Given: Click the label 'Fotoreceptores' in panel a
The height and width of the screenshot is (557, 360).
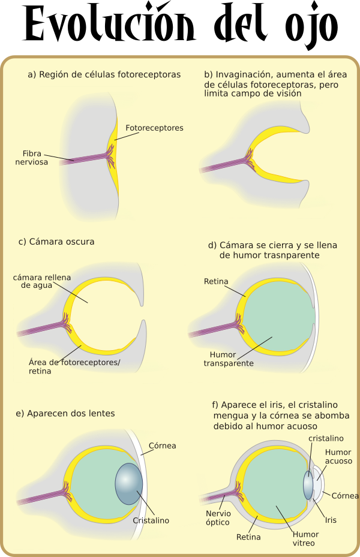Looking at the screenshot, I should (x=154, y=128).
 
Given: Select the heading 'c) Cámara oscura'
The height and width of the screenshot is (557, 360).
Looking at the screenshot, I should (x=56, y=242).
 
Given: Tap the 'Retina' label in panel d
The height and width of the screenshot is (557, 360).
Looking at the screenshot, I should (x=215, y=281).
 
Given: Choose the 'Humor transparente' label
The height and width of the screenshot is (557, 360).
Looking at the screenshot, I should (x=228, y=359).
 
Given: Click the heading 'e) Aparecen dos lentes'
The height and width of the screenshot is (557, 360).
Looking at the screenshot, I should (x=65, y=413).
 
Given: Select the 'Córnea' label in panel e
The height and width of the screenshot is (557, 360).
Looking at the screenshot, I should (x=163, y=445).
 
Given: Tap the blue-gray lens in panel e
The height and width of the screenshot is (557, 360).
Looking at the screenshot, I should (x=128, y=483).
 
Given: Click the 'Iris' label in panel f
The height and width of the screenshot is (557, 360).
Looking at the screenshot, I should (x=331, y=520).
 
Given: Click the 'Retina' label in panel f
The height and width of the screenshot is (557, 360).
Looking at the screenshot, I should (x=248, y=537).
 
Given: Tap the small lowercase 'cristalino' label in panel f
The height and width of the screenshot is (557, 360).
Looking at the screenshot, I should (x=327, y=438).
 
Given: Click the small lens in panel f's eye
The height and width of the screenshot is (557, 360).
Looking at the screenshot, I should (x=308, y=484).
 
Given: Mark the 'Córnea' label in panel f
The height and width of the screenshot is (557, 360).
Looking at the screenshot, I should (x=345, y=496).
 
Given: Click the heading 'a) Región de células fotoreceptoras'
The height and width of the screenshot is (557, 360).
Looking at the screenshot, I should (x=104, y=74).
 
